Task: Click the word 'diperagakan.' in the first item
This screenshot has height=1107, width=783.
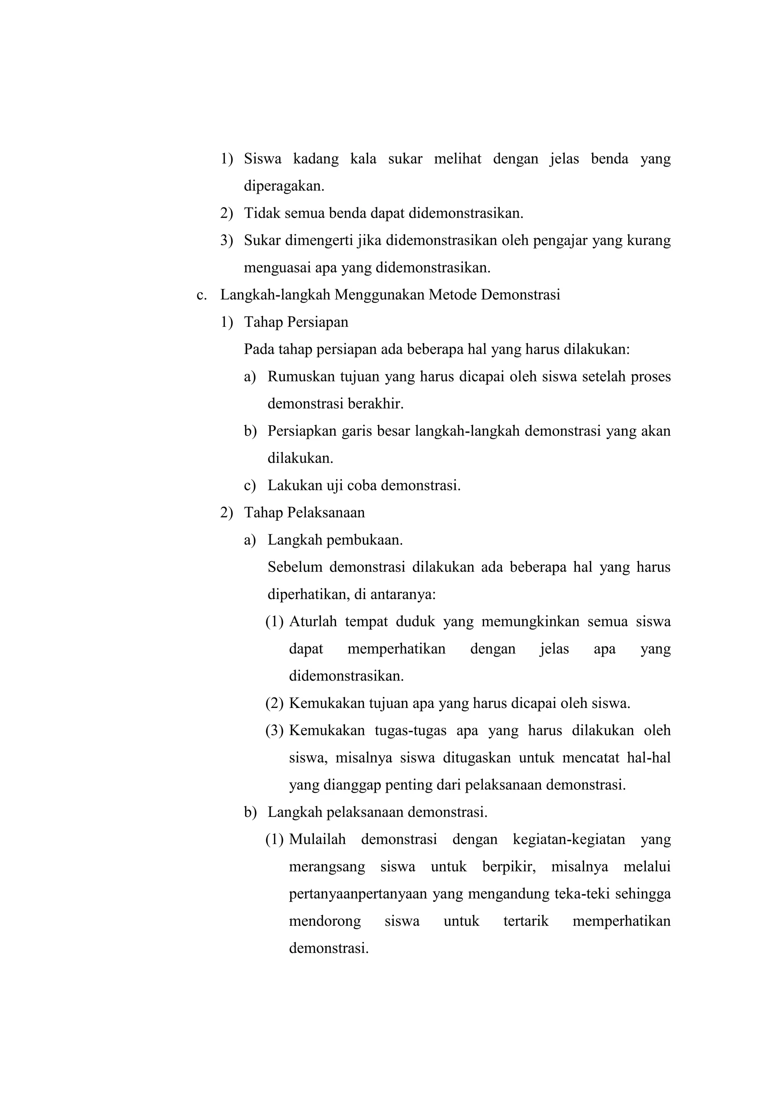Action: point(284,186)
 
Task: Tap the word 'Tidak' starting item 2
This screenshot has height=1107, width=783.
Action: point(262,213)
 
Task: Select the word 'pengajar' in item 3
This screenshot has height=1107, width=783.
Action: point(559,240)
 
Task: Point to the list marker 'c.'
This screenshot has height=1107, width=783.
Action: point(201,295)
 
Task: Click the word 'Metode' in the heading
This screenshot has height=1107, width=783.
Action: point(452,295)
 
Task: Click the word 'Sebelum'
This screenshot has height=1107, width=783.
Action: point(295,567)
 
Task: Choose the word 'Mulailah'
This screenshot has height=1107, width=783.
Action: point(317,839)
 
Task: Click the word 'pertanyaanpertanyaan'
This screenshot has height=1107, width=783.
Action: point(358,894)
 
